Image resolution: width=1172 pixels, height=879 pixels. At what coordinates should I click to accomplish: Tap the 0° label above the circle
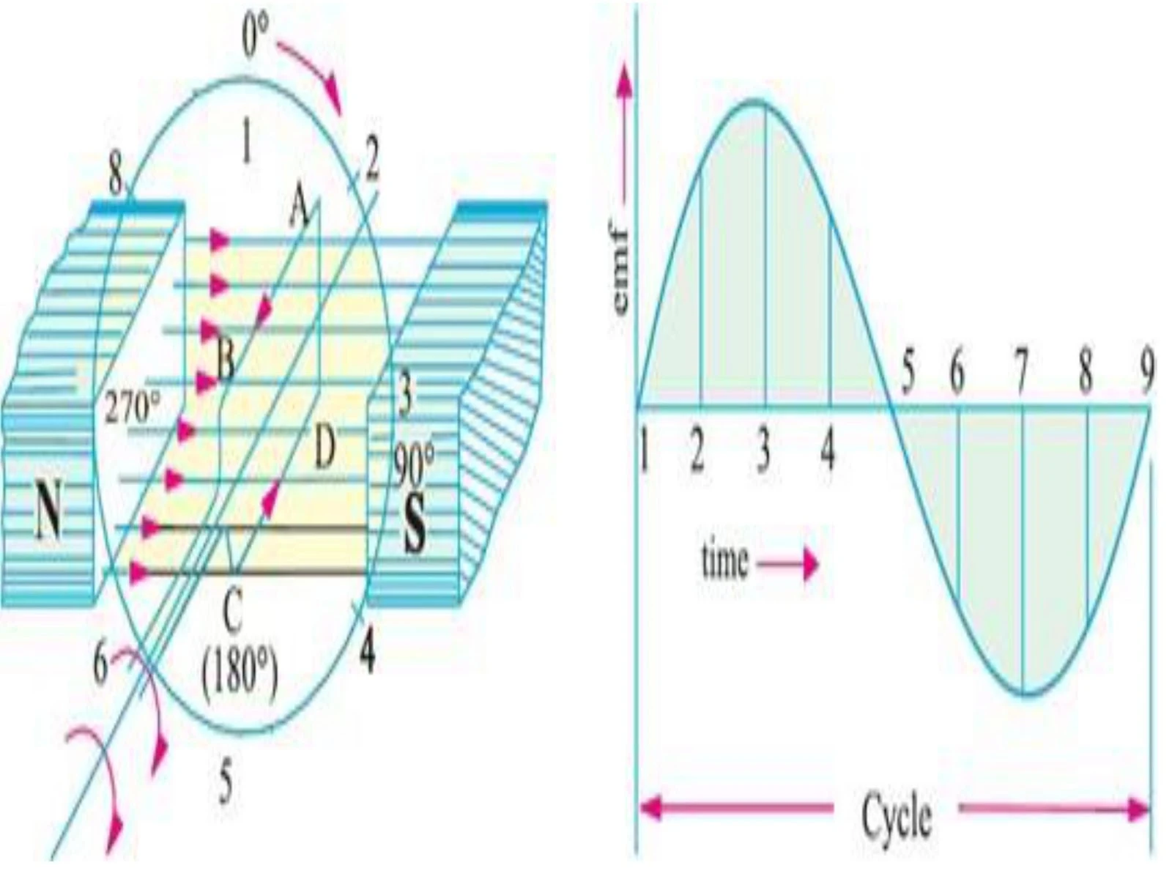(x=256, y=37)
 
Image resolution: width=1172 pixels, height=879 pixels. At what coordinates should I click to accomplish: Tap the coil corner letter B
(x=225, y=360)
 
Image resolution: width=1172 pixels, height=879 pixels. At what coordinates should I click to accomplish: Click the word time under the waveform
(x=725, y=563)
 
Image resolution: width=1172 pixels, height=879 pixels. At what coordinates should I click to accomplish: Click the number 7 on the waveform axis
(x=1021, y=374)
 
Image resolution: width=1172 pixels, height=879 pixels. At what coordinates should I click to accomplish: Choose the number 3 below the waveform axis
(x=763, y=452)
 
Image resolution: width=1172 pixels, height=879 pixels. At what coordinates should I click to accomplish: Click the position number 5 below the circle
(x=227, y=784)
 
